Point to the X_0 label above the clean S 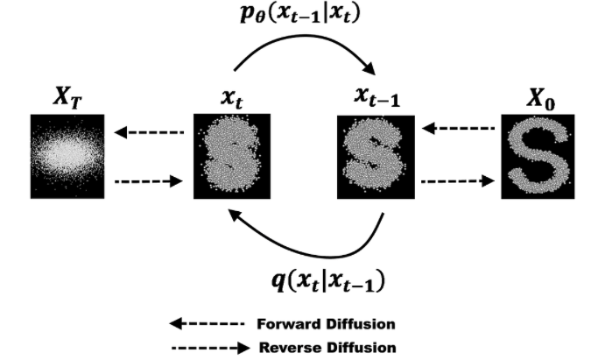536,98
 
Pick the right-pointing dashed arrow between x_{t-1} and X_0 455,182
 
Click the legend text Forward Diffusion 324,322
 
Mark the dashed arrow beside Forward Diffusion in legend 206,323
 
